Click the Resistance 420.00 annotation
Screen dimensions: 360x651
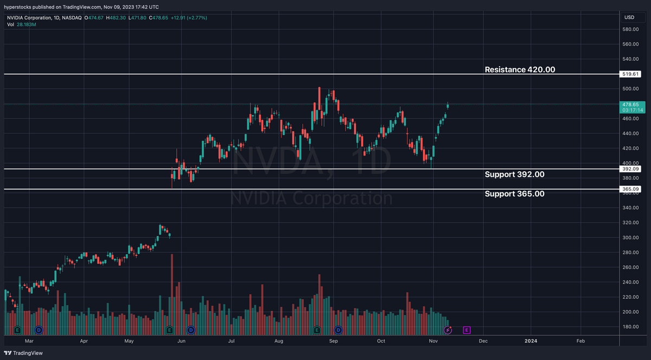pos(520,69)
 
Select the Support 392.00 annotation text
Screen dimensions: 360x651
pos(514,174)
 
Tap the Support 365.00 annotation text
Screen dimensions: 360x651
pos(514,194)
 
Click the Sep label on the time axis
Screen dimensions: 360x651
pos(334,340)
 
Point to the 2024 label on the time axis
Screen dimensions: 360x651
pos(531,340)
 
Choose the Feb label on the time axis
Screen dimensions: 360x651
pos(580,340)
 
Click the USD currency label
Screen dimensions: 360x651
pos(629,17)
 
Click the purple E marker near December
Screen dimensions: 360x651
pos(467,329)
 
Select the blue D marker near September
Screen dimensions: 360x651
pos(338,329)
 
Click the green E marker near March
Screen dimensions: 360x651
pos(17,329)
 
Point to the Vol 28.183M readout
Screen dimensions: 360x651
pos(22,24)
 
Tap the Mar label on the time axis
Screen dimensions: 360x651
pos(29,340)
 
